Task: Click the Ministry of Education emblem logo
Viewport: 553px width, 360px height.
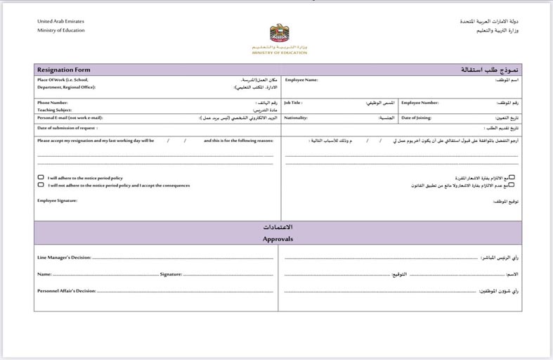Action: pyautogui.click(x=279, y=34)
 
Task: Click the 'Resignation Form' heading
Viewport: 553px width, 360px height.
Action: pyautogui.click(x=64, y=70)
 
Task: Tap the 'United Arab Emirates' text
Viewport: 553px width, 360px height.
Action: pyautogui.click(x=60, y=22)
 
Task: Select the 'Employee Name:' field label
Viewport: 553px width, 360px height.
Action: pyautogui.click(x=301, y=80)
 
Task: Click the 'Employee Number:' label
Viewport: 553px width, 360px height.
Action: pyautogui.click(x=420, y=103)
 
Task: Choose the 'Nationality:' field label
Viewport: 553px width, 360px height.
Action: pyautogui.click(x=296, y=118)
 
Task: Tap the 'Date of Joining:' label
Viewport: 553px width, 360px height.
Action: pyautogui.click(x=417, y=118)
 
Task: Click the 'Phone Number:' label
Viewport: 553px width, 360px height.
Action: pyautogui.click(x=53, y=103)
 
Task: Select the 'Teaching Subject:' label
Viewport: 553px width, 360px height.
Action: pyautogui.click(x=55, y=110)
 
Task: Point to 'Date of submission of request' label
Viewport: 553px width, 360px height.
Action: pyautogui.click(x=67, y=129)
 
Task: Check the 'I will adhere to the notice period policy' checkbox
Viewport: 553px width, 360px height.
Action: pyautogui.click(x=41, y=178)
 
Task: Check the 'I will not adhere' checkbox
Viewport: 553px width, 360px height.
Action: pyautogui.click(x=41, y=186)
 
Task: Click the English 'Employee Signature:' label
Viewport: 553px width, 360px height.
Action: pyautogui.click(x=58, y=200)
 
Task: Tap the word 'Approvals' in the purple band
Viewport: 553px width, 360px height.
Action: pyautogui.click(x=278, y=239)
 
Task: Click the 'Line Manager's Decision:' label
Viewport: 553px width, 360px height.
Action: pyautogui.click(x=63, y=258)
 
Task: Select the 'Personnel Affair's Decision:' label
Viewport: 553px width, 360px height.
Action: pyautogui.click(x=66, y=290)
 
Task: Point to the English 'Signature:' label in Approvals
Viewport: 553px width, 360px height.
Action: pyautogui.click(x=171, y=274)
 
